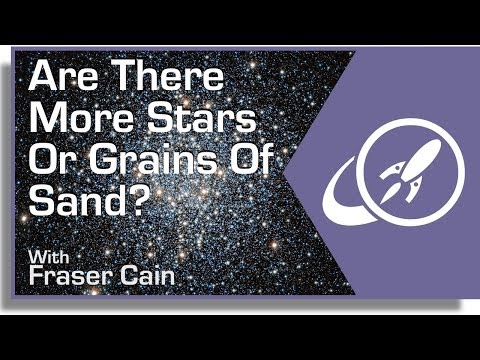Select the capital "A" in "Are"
45,76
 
